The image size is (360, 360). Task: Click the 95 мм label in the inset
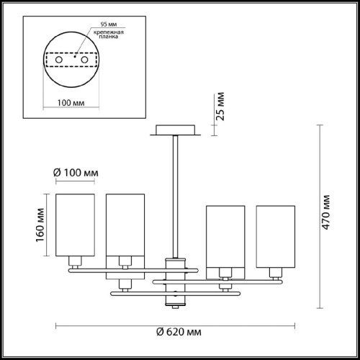tap(109, 24)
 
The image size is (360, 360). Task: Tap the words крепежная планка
tap(109, 35)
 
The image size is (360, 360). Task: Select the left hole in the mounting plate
tap(59, 60)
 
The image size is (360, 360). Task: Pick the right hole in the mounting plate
tap(84, 60)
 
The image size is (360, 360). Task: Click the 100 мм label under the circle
tap(71, 103)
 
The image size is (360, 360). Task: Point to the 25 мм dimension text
tap(220, 107)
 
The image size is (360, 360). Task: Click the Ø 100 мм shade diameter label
tap(76, 173)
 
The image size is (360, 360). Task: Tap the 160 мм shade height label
tap(40, 225)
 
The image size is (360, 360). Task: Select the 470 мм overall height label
tap(325, 212)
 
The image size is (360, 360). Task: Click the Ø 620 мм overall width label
tap(179, 332)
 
